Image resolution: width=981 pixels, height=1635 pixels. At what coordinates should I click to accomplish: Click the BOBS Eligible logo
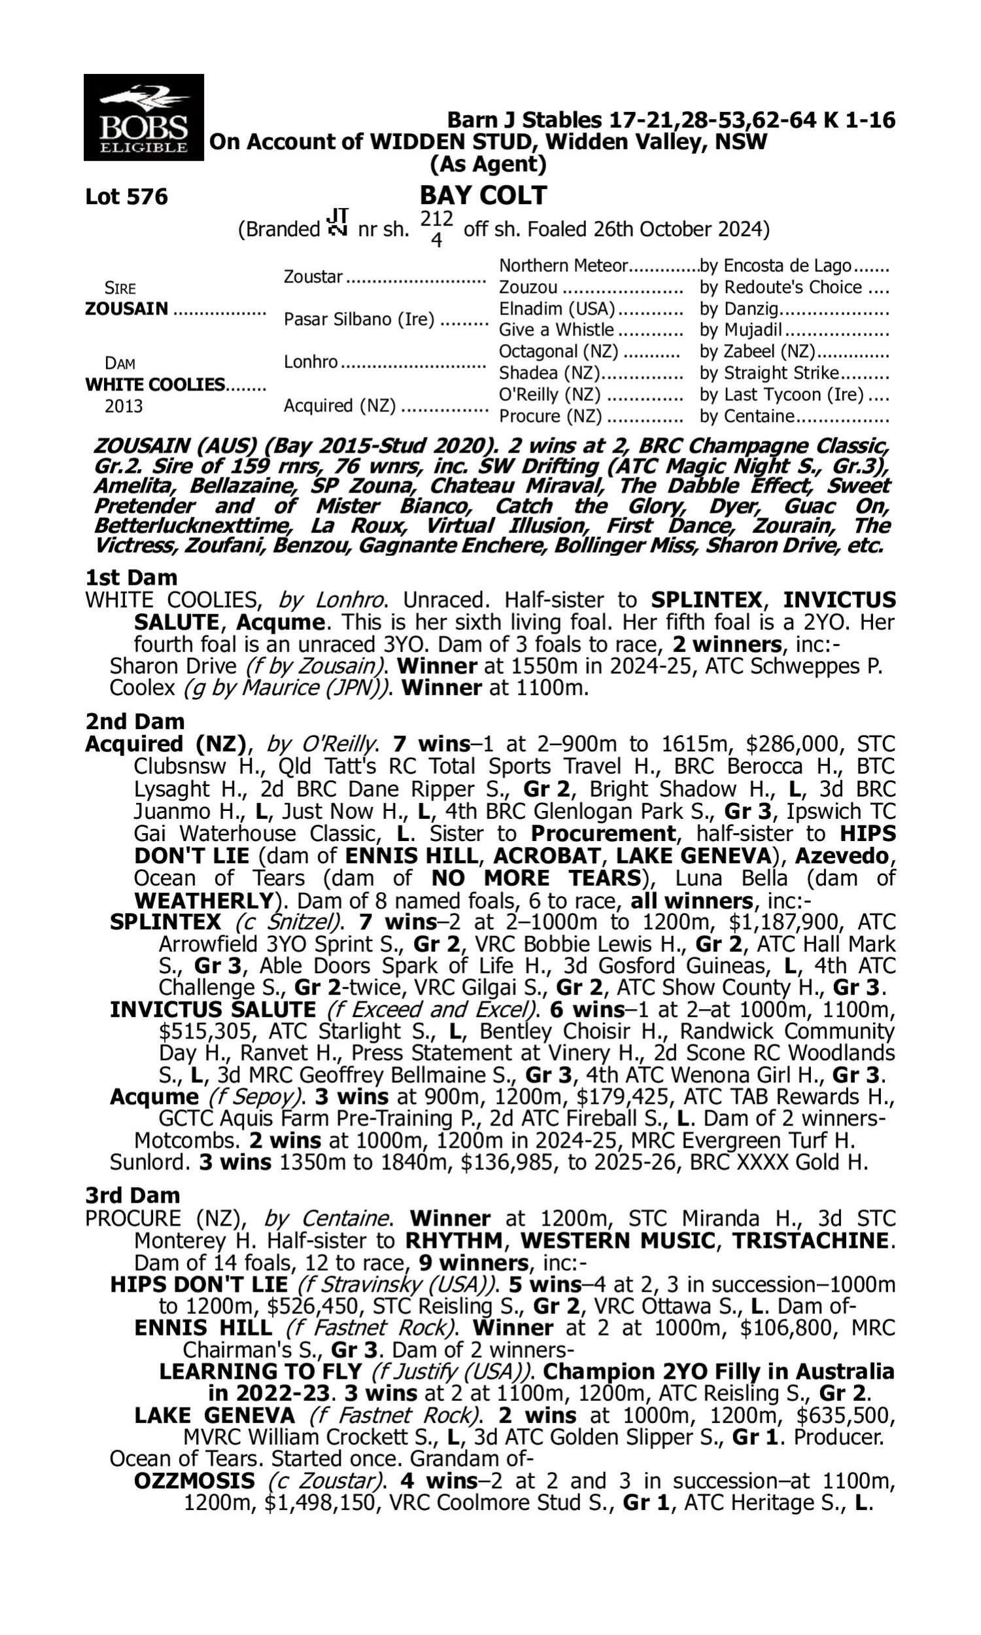[x=143, y=117]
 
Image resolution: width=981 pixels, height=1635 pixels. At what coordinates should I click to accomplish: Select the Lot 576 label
[x=126, y=197]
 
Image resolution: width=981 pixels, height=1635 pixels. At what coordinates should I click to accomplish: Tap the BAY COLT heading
[x=483, y=195]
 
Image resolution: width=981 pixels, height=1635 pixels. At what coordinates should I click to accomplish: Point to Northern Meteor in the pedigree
[x=562, y=266]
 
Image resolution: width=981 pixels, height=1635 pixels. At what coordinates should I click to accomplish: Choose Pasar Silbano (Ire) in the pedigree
[x=359, y=320]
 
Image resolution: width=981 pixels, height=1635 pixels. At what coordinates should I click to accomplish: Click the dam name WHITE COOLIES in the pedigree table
[x=155, y=385]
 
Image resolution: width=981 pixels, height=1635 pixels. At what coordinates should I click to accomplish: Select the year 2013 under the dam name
[x=124, y=405]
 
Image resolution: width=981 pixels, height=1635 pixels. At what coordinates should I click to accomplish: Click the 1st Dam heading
[x=131, y=577]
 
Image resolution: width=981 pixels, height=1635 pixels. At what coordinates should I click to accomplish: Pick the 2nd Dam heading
[x=134, y=721]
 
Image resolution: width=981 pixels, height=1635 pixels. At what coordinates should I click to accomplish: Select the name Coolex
[x=143, y=688]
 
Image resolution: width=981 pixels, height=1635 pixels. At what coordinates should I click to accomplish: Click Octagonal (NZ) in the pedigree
[x=558, y=352]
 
